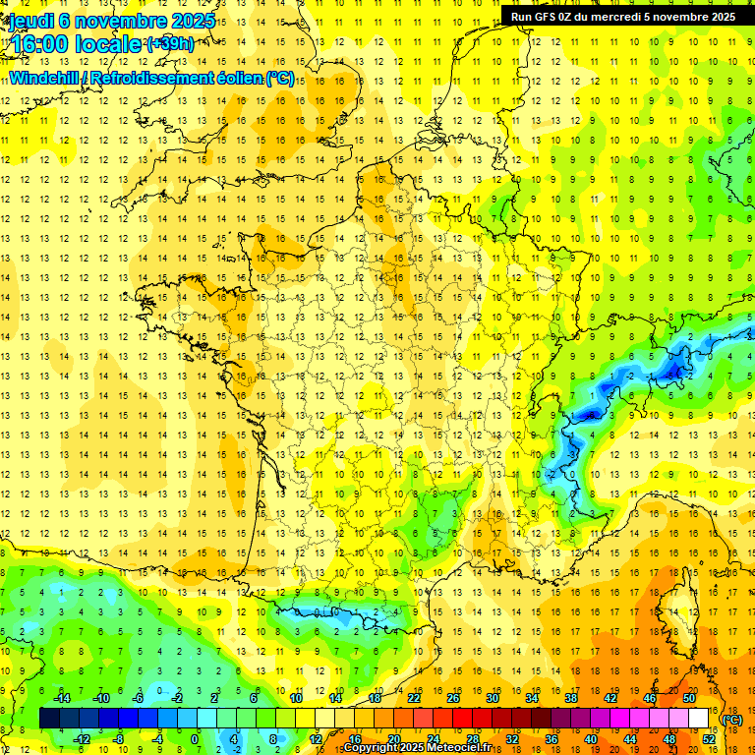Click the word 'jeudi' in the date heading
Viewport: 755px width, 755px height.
(30, 21)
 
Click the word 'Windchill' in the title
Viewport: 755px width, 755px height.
(44, 78)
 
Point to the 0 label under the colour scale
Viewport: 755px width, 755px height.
(195, 739)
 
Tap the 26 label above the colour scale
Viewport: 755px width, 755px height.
(453, 698)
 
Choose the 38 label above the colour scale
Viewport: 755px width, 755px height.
(571, 698)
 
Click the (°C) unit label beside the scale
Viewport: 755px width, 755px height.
(731, 719)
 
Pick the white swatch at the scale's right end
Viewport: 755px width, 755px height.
(698, 719)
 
